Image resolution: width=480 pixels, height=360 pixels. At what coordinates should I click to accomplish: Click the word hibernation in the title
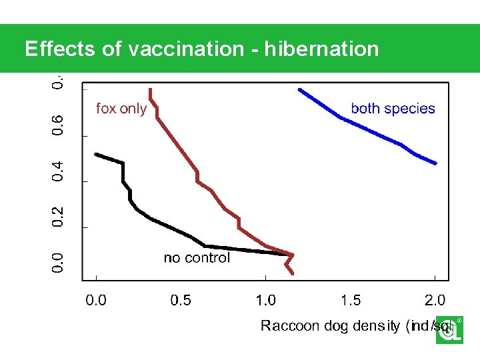coord(322,49)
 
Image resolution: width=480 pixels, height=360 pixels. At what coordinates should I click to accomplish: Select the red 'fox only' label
coord(121,109)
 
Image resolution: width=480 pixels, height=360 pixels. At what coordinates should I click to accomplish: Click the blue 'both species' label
coord(393,109)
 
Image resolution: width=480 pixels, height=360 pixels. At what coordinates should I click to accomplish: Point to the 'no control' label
coord(197,258)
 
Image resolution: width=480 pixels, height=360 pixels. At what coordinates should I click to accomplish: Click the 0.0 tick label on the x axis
coord(97,300)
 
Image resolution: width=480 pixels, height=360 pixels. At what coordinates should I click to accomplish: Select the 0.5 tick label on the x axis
coord(181,300)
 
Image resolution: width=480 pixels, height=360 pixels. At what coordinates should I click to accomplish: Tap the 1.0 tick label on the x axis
coord(266,300)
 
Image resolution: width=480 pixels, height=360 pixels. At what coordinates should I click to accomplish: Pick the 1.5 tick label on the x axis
coord(351,300)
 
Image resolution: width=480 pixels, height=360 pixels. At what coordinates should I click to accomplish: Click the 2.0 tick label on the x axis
coord(435,300)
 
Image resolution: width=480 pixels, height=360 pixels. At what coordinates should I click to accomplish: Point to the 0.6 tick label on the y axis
coord(59,125)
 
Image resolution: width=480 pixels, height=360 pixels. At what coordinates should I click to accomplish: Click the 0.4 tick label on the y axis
coord(59,171)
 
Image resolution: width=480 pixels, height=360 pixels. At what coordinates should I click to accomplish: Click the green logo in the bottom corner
coord(449,330)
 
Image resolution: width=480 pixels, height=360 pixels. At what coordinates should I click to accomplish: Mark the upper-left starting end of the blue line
coord(299,89)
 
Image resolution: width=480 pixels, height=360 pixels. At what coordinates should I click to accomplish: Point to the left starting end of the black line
coord(96,154)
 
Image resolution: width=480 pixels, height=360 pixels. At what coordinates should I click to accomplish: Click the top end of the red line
coord(151,89)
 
